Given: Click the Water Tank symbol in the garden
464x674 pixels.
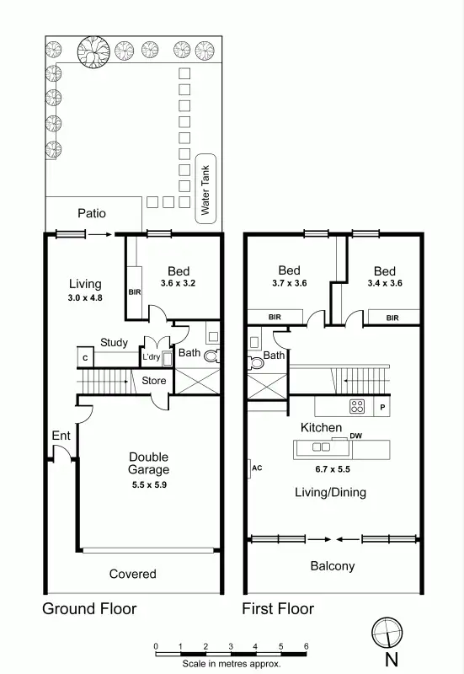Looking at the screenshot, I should [x=204, y=186].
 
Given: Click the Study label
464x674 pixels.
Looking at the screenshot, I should [x=114, y=343].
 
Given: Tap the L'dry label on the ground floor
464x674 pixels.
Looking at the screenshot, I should [x=152, y=357].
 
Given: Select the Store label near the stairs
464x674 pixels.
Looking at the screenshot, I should [x=153, y=381].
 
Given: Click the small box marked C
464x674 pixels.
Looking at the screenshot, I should [x=85, y=358].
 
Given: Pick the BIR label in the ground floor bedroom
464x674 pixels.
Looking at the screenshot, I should [x=135, y=292].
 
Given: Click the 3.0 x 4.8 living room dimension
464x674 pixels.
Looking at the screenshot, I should [x=85, y=298].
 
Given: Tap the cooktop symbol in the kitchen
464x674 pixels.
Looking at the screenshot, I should [x=357, y=407].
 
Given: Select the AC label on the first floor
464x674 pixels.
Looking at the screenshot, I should [x=258, y=467].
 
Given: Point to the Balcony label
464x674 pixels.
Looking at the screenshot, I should [x=333, y=566].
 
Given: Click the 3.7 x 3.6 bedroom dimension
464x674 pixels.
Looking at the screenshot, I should [x=289, y=284].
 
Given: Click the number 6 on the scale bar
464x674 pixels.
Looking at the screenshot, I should [x=307, y=646].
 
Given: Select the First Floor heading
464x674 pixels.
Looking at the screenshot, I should [x=278, y=608].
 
